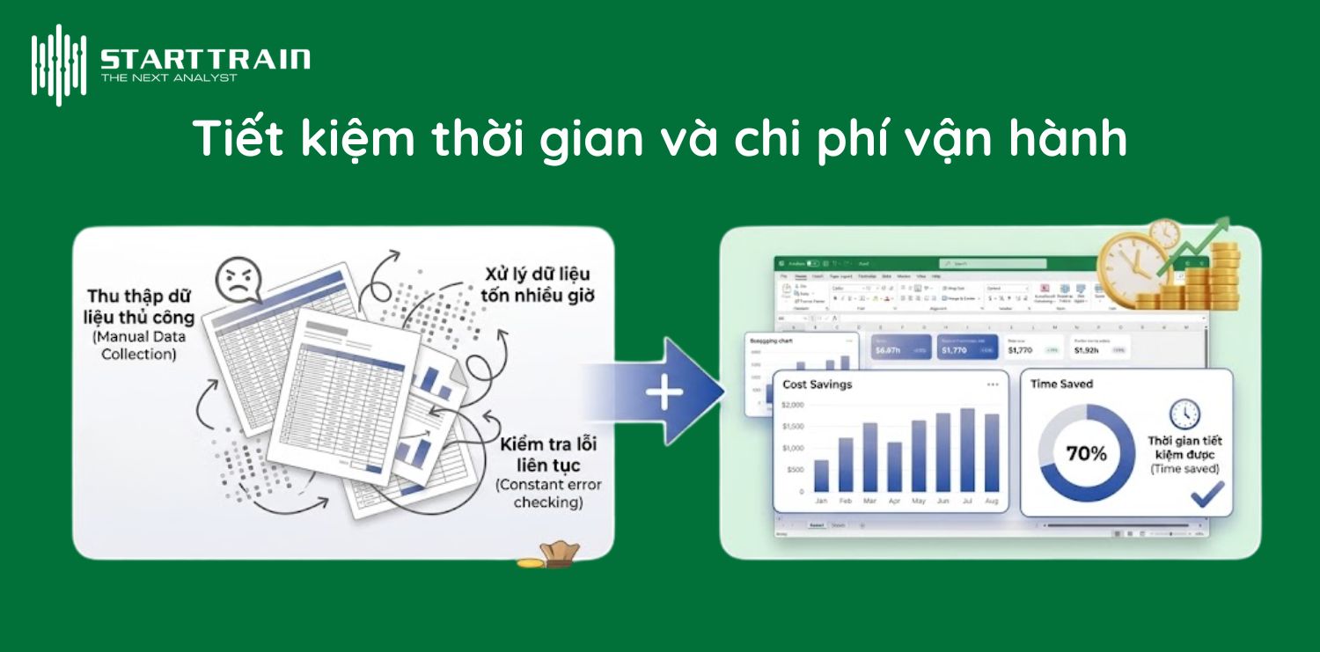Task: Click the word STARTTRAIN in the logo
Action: [205, 60]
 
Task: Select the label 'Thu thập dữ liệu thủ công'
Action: [141, 306]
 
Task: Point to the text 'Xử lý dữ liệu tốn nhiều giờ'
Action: [537, 284]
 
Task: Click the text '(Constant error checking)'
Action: [548, 494]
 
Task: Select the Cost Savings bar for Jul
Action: [967, 450]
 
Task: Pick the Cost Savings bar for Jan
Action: [821, 475]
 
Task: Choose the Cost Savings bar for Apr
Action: [894, 466]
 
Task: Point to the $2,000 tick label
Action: [793, 405]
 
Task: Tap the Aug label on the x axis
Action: [992, 501]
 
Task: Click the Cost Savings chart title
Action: [818, 385]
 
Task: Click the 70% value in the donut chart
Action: [1086, 454]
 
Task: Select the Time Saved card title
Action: [1061, 384]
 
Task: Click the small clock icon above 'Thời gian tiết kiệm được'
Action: [1184, 414]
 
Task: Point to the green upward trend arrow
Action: [1198, 241]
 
